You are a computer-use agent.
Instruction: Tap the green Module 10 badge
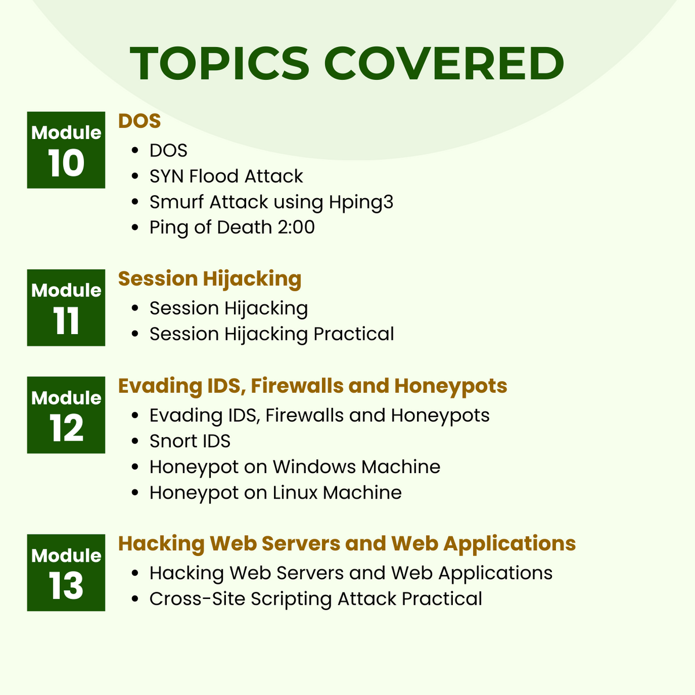[66, 150]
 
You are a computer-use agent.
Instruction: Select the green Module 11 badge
[66, 308]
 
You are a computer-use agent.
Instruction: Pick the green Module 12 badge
[66, 415]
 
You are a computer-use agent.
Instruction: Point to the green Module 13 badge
[66, 573]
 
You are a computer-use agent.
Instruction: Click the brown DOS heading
[139, 121]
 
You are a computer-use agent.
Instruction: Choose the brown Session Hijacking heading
[210, 279]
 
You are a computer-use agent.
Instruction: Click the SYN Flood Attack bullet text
[226, 176]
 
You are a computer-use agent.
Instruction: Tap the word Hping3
[361, 202]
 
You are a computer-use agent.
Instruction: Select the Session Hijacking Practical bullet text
[272, 334]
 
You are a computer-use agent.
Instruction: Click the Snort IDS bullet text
[190, 441]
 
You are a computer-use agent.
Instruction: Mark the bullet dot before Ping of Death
[136, 228]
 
